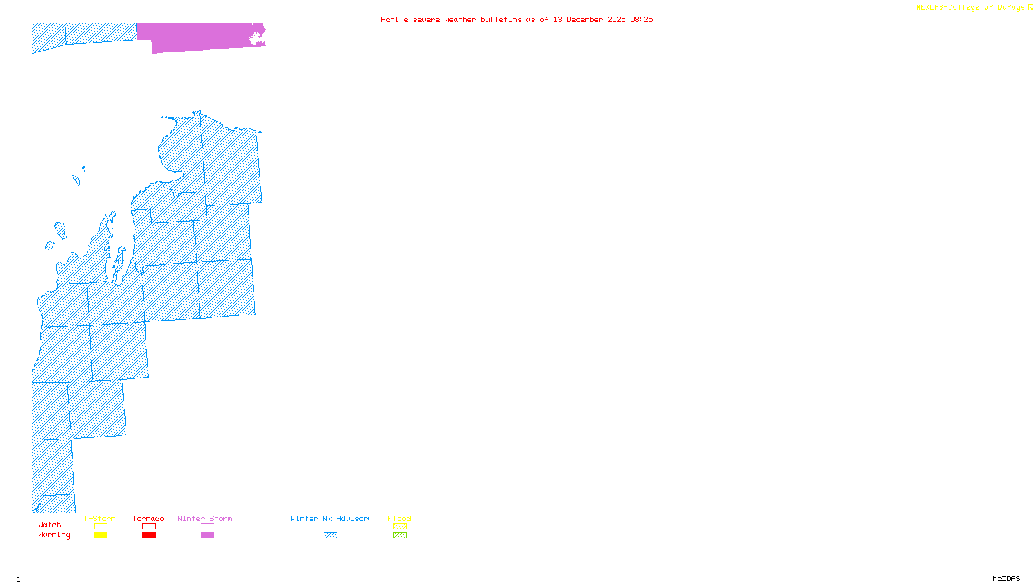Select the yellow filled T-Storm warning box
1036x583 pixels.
coord(100,536)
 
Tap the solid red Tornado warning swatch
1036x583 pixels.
coord(149,536)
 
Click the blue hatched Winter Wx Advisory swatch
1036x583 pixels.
coord(330,536)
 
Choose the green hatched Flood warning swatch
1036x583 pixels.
coord(400,536)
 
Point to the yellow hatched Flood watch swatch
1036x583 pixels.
coord(400,527)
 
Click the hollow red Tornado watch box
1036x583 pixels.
coord(149,527)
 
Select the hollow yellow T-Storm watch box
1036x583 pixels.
coord(100,527)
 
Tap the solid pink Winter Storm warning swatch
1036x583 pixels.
coord(207,536)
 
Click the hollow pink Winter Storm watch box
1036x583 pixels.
coord(207,527)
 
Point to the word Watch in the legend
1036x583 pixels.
coord(50,525)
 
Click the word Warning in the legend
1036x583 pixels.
coord(54,535)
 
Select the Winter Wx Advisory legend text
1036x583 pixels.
coord(332,518)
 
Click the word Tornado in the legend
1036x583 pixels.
coord(148,518)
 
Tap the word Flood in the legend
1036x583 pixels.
coord(400,518)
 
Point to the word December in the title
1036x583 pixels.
coord(585,19)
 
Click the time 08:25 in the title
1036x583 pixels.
coord(642,19)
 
